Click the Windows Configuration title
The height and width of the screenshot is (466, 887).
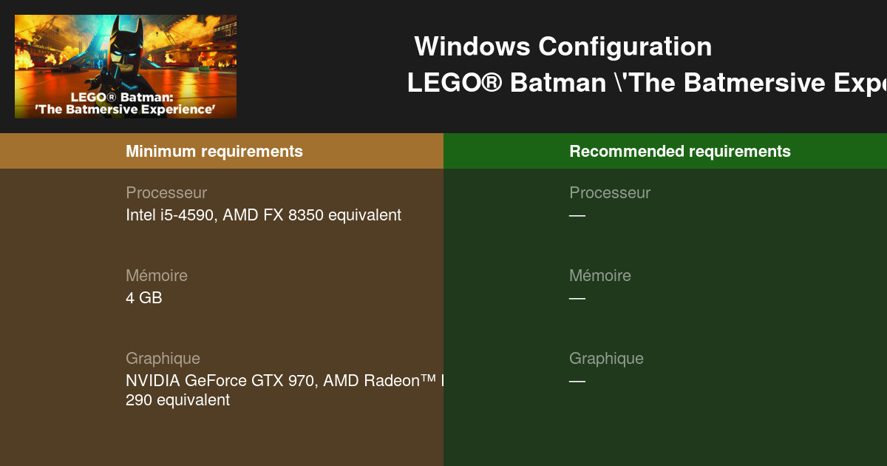pos(563,47)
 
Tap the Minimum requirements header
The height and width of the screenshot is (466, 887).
pos(214,152)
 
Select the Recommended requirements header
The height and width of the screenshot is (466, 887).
pos(679,152)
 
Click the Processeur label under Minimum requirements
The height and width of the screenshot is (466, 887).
pos(166,193)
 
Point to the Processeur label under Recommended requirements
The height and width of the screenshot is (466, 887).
pos(610,193)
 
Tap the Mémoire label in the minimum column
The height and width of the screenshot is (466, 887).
pos(157,276)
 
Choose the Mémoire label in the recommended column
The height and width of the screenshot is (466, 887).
pos(600,276)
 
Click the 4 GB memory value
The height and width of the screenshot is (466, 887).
pos(143,298)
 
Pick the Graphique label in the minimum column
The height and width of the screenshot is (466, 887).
pos(163,359)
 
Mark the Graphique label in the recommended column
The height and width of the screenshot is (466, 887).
pos(606,359)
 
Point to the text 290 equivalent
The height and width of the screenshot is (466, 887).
pos(177,400)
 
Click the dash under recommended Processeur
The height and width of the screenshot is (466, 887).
pos(577,216)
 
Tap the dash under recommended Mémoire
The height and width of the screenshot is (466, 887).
pos(577,299)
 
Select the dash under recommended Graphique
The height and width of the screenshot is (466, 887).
pos(577,382)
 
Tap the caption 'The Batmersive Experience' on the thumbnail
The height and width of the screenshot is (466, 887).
pos(125,109)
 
